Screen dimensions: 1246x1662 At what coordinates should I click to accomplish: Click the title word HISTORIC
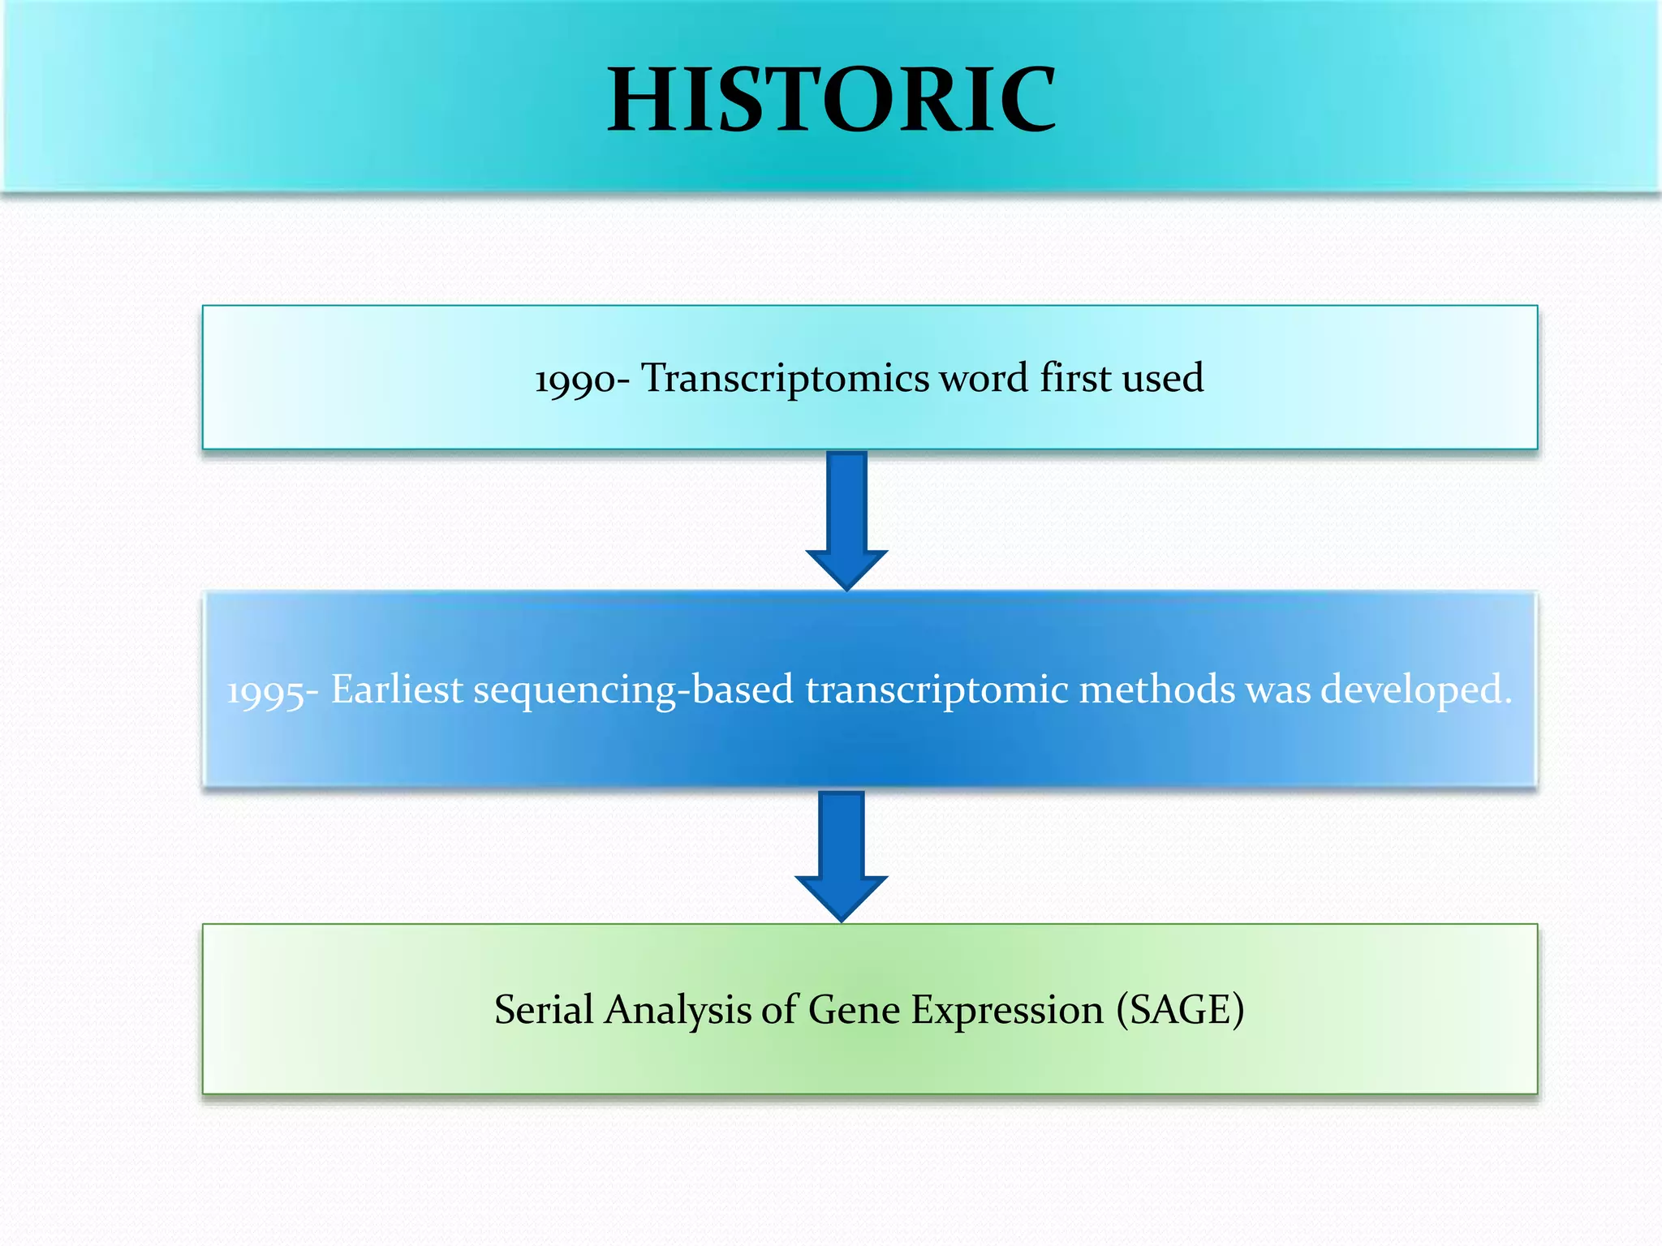pyautogui.click(x=832, y=101)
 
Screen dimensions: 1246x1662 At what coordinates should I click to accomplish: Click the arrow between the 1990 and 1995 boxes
pyautogui.click(x=846, y=519)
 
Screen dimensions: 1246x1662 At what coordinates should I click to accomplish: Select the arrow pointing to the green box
pyautogui.click(x=842, y=855)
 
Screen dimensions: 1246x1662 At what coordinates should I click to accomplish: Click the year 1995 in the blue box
pyautogui.click(x=265, y=692)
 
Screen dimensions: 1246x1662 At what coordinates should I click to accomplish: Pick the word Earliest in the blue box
pyautogui.click(x=397, y=690)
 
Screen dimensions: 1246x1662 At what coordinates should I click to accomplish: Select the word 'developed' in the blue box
pyautogui.click(x=1414, y=690)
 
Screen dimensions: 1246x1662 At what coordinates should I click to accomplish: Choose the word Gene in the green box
pyautogui.click(x=854, y=1010)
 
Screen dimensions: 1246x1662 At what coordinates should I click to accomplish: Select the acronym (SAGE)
pyautogui.click(x=1180, y=1010)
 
